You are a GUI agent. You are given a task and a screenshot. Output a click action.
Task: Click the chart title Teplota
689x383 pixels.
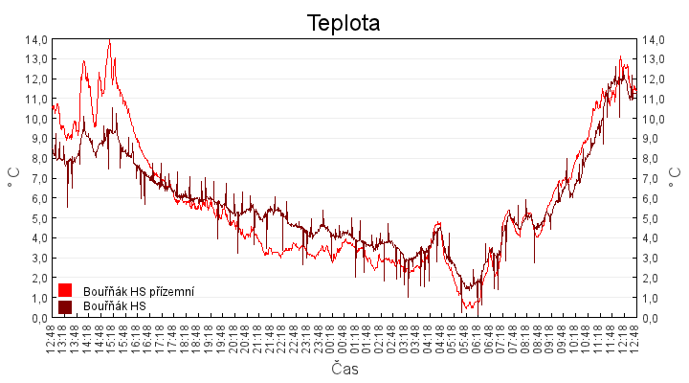point(344,22)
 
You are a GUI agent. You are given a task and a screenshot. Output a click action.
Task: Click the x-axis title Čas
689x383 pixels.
point(344,369)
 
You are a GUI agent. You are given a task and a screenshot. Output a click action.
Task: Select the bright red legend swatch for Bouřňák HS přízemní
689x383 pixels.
point(65,290)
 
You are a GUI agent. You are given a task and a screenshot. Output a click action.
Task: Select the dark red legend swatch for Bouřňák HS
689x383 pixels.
point(65,306)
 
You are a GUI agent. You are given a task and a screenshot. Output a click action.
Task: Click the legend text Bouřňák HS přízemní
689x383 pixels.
point(139,290)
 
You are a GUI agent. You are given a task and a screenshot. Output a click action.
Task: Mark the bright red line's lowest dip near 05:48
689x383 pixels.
point(462,310)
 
